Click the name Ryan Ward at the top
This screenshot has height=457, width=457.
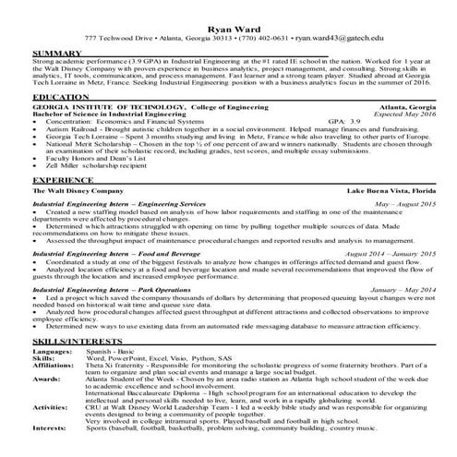pyautogui.click(x=228, y=28)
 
